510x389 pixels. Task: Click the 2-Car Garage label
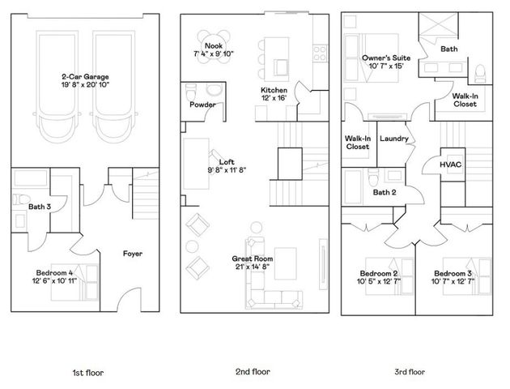85,77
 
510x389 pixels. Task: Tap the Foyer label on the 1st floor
133,254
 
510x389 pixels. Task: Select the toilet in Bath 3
21,199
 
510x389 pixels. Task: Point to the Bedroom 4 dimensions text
55,280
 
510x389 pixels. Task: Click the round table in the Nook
214,45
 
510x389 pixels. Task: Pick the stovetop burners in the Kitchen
320,53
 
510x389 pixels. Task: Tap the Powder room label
202,105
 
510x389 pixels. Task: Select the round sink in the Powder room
215,90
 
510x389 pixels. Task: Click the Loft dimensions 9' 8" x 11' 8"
227,170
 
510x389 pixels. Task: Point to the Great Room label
253,259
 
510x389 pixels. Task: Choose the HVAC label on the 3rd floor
450,165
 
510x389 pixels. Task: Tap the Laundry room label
394,139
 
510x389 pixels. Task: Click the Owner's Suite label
386,58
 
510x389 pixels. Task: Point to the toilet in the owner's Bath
480,73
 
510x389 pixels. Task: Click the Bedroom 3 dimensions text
453,281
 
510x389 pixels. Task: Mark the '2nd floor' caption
253,372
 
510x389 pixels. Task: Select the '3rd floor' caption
410,372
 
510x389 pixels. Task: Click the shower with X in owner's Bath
438,25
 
